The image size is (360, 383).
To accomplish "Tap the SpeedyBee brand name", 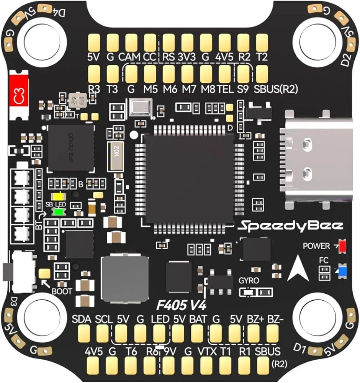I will tap(290, 226).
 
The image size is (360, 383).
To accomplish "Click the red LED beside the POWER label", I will tap(342, 246).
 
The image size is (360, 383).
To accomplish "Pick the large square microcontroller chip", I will tap(190, 178).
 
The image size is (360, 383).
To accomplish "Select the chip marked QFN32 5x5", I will tap(71, 147).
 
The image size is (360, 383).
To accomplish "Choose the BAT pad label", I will tap(198, 319).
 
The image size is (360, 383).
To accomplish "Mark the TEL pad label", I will tap(225, 89).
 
